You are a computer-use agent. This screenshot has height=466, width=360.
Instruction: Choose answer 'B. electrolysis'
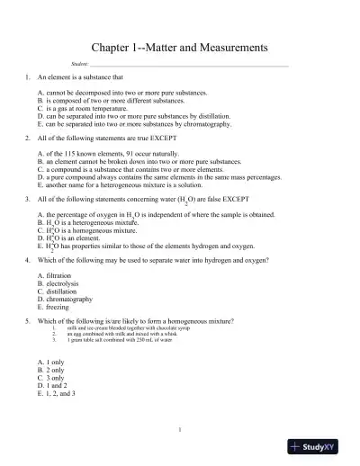point(58,283)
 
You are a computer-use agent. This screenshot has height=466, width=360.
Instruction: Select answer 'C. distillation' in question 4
point(58,291)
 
